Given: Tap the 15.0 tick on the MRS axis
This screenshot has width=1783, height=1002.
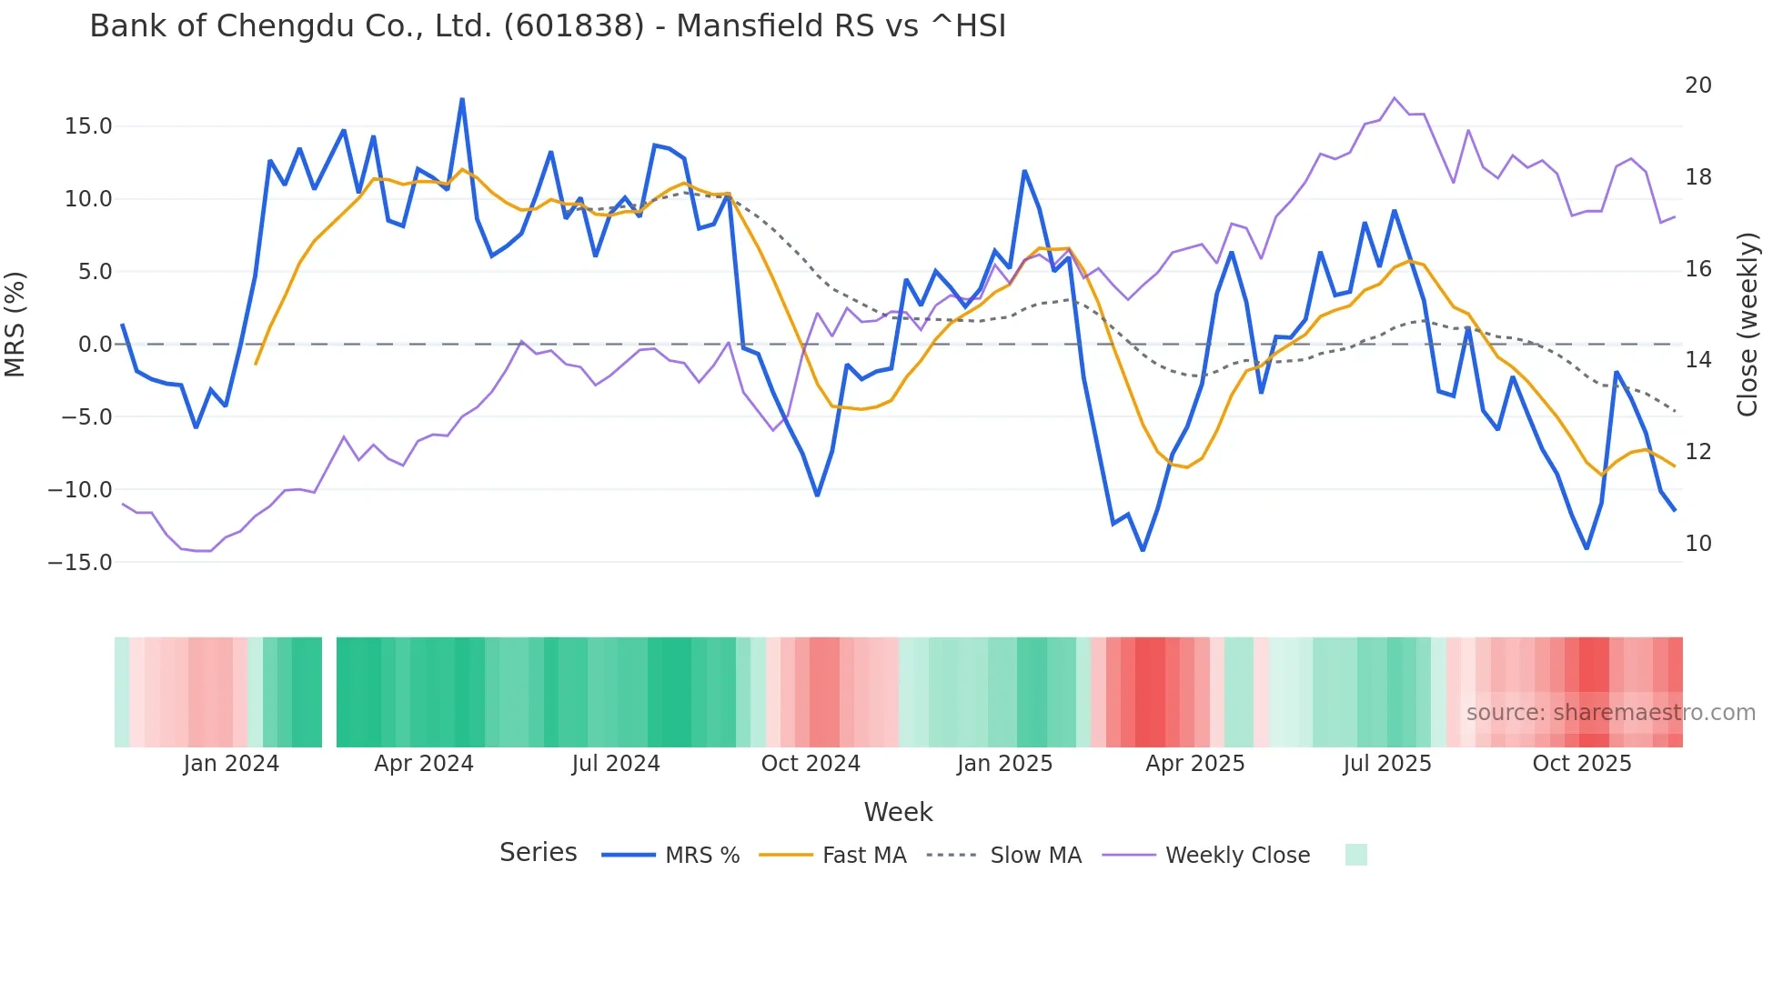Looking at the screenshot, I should tap(88, 126).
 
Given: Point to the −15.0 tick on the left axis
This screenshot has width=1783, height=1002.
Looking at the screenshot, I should tap(80, 563).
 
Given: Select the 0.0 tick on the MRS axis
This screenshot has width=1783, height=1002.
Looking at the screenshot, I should tap(95, 345).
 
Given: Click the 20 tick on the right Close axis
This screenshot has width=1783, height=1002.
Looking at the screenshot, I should tap(1697, 85).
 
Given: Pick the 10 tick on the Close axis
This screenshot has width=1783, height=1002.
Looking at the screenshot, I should tap(1697, 544).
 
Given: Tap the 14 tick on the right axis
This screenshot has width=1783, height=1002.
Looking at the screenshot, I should tap(1697, 360).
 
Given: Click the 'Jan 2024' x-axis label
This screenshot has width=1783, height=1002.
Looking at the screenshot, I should tap(231, 764).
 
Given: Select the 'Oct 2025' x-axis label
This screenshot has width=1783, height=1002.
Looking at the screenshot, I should tap(1581, 764).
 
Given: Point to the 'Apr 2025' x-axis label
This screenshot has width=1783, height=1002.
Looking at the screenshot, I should tap(1194, 764).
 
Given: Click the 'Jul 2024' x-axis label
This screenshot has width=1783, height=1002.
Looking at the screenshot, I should tap(616, 764).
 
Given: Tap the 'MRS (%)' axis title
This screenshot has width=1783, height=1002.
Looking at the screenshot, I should tap(15, 324).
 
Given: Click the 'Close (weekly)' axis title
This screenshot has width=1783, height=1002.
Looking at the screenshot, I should tap(1747, 325).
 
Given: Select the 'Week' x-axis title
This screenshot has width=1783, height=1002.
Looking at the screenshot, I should tap(898, 812).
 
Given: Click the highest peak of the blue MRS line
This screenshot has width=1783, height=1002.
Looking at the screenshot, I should tap(462, 99).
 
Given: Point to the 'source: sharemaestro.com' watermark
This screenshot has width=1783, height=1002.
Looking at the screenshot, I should tap(1610, 713).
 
